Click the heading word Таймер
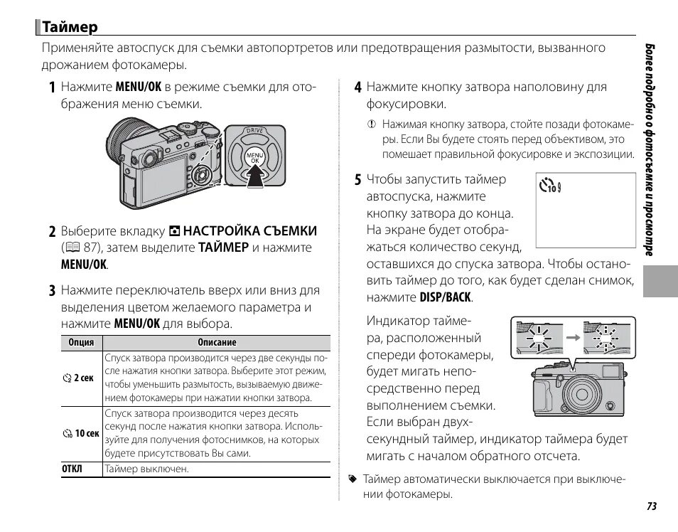click(69, 28)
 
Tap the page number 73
click(651, 506)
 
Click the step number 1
click(53, 87)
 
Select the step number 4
click(358, 87)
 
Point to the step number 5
click(358, 180)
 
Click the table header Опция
click(81, 342)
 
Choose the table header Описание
click(217, 342)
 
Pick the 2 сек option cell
click(78, 379)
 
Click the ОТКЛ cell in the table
click(72, 469)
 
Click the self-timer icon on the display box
click(549, 188)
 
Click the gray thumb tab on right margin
click(661, 278)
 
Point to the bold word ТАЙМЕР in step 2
click(223, 248)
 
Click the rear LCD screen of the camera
click(161, 183)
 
